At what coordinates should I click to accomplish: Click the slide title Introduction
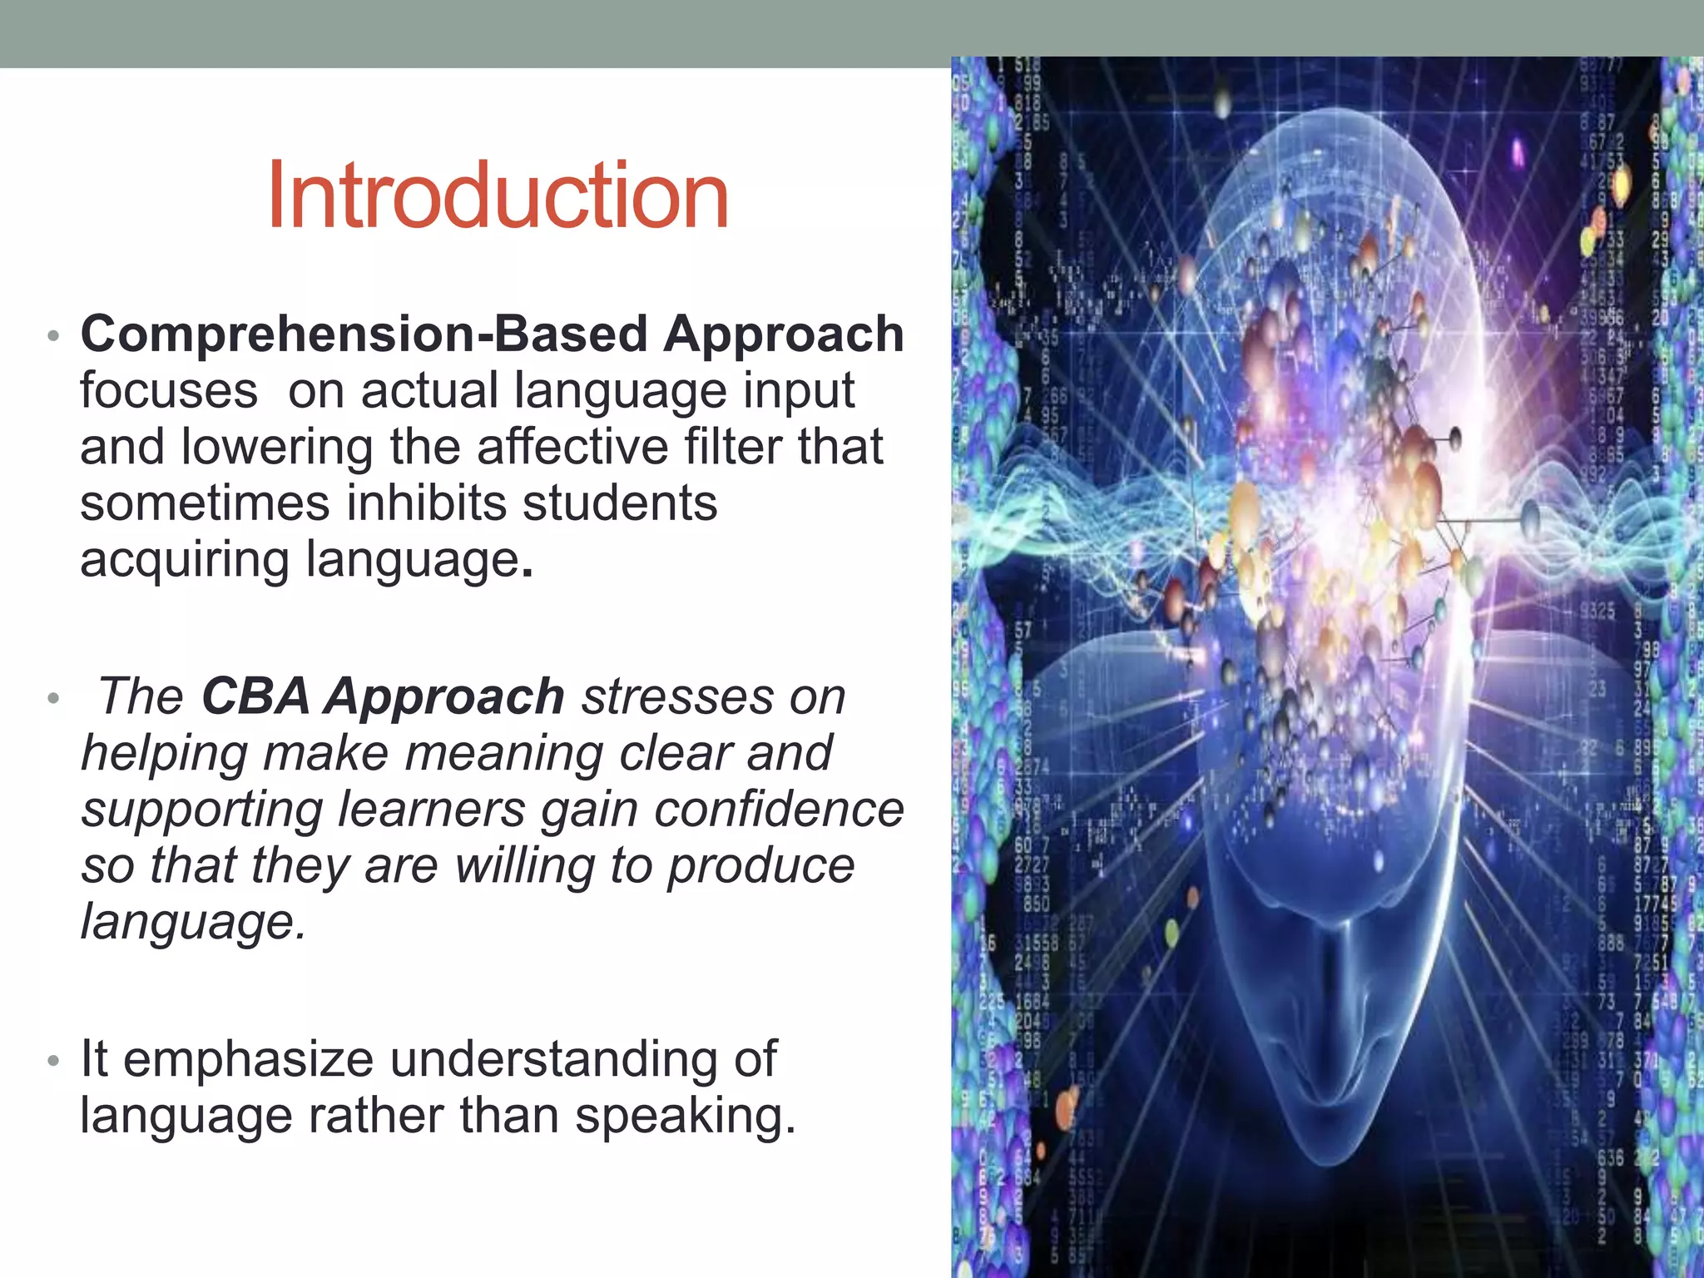click(x=498, y=196)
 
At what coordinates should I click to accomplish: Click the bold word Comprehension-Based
click(x=364, y=334)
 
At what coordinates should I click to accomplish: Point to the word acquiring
click(x=185, y=560)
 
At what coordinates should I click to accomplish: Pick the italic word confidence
click(x=779, y=810)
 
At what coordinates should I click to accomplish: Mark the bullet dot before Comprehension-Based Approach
click(x=53, y=336)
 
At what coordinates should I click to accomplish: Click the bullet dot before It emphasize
click(x=53, y=1061)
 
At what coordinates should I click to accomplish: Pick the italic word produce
click(x=760, y=865)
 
